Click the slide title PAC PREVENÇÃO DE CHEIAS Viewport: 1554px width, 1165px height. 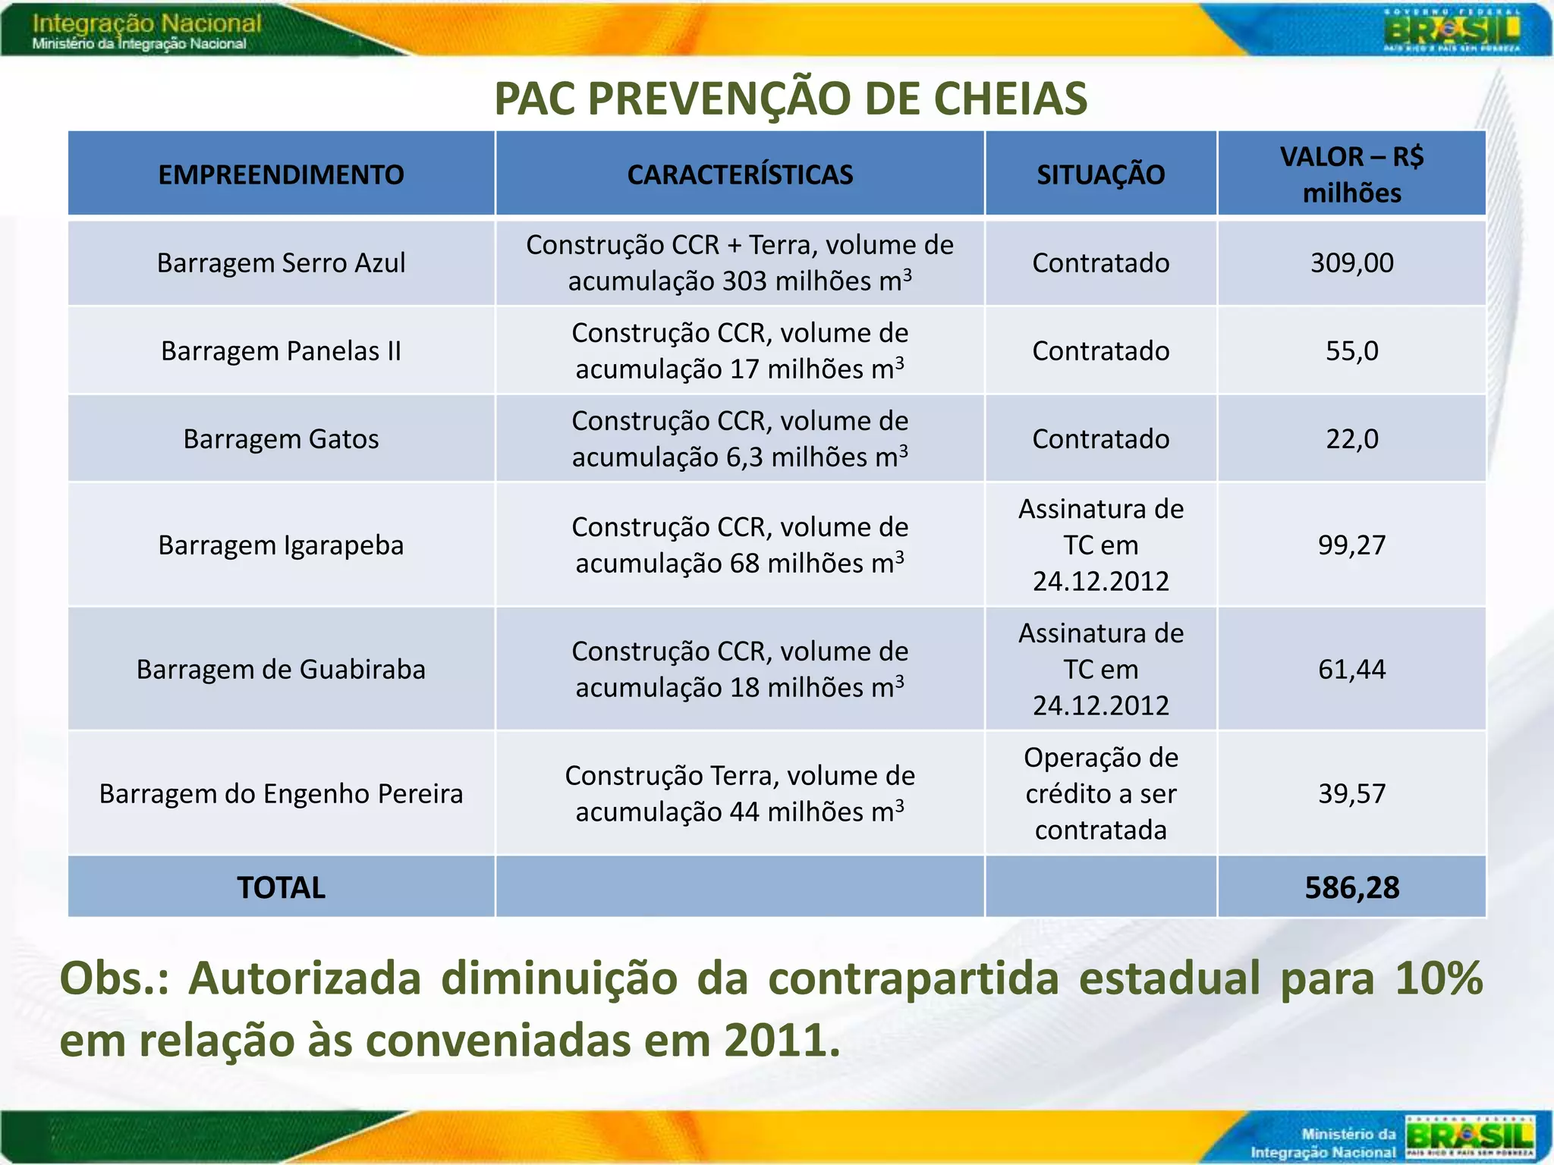(x=791, y=99)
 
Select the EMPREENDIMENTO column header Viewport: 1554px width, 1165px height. (x=281, y=174)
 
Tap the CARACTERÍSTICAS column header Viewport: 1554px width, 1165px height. (x=740, y=174)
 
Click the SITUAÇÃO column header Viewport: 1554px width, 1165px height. (x=1100, y=174)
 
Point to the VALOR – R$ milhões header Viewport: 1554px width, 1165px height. (x=1351, y=174)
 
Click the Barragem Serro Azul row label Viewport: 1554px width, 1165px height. (x=281, y=262)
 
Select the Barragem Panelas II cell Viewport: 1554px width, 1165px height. (x=281, y=350)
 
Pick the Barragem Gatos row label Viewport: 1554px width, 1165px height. (x=281, y=438)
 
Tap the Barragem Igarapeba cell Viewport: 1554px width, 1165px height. (x=281, y=545)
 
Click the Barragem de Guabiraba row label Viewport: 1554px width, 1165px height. (x=281, y=669)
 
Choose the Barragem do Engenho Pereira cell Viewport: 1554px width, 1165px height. (x=281, y=793)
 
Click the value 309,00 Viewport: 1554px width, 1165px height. (x=1351, y=262)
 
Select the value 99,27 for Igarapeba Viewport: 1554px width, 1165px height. (x=1351, y=545)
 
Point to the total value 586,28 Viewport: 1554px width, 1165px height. (x=1351, y=887)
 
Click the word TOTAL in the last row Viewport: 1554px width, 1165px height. (x=281, y=887)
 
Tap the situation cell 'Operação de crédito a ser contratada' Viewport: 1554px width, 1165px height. (x=1100, y=793)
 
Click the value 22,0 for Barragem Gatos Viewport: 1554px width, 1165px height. (x=1351, y=438)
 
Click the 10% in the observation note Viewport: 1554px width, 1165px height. (x=1438, y=978)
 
